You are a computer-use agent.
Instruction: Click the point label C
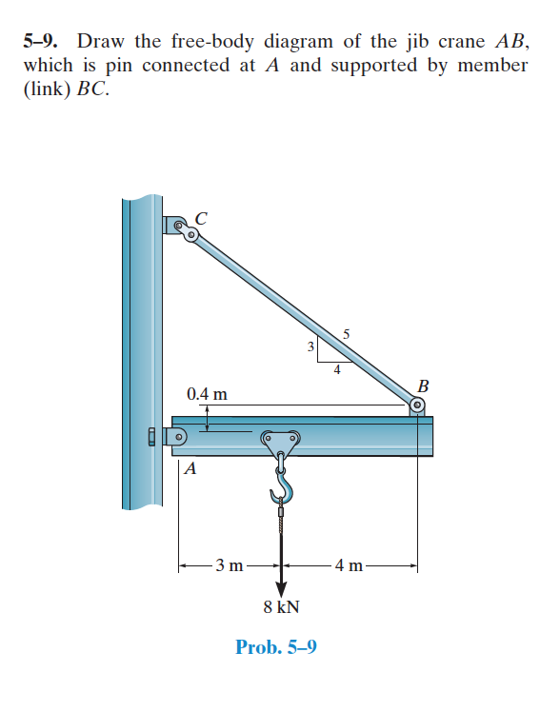(201, 218)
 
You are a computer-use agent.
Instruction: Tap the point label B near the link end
(423, 386)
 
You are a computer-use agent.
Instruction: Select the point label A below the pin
(190, 468)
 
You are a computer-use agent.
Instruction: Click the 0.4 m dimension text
(207, 393)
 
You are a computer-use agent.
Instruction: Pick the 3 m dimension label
(230, 565)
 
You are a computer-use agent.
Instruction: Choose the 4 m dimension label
(349, 565)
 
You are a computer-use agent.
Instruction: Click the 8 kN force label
(282, 606)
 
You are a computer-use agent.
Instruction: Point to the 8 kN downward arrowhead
(282, 588)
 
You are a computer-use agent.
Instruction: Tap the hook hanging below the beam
(282, 485)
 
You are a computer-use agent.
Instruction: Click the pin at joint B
(417, 405)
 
